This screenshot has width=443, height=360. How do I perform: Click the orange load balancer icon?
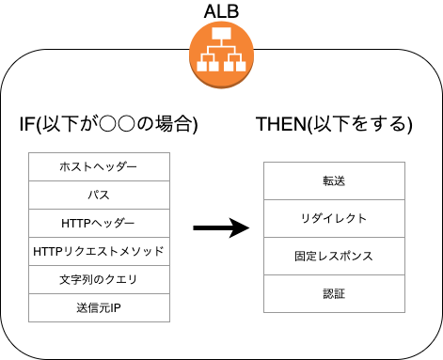pos(222,51)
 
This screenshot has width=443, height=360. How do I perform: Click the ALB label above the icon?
pos(222,11)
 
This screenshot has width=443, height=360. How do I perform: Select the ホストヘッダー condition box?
pos(99,167)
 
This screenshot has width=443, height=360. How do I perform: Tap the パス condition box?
pos(99,196)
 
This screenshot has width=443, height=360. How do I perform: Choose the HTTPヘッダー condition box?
pos(99,224)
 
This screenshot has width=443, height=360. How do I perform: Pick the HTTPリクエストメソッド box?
pos(99,252)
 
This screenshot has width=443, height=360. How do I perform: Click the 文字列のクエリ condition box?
pos(99,280)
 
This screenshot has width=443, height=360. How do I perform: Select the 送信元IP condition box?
pos(99,308)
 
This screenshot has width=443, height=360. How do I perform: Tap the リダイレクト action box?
pos(333,218)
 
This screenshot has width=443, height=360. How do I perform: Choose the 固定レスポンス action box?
pos(333,256)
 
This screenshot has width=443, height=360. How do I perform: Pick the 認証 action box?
pos(333,294)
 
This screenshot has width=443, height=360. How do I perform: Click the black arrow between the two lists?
pos(220,228)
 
